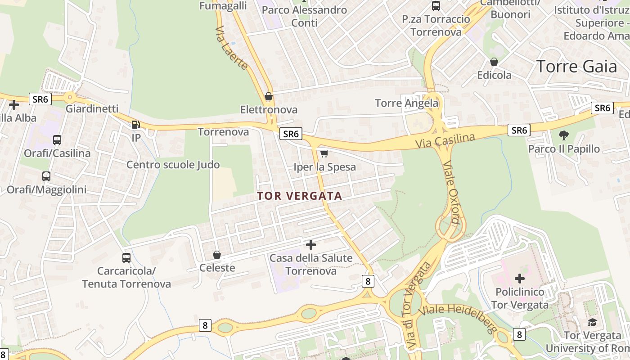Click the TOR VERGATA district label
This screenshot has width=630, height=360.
(300, 196)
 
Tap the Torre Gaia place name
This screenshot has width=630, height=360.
(576, 67)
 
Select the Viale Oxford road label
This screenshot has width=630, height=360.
(451, 192)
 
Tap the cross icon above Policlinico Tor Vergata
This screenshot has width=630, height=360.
(520, 279)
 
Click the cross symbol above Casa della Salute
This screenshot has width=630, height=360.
(310, 245)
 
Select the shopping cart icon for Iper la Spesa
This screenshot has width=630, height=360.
(324, 154)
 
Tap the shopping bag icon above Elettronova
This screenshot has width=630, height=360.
(269, 96)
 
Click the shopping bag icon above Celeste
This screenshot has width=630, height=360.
(217, 255)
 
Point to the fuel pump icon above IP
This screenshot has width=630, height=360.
(136, 125)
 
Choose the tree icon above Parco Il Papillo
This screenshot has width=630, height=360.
(563, 135)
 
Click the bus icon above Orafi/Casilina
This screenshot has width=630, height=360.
(57, 140)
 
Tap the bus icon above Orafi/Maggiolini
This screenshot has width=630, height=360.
(46, 176)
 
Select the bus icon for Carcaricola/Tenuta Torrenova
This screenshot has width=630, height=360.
(126, 258)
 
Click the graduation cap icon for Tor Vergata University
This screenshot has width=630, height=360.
(592, 322)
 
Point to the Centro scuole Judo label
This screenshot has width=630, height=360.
(173, 165)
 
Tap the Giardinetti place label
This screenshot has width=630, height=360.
(92, 109)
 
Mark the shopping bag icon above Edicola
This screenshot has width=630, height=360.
(494, 62)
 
